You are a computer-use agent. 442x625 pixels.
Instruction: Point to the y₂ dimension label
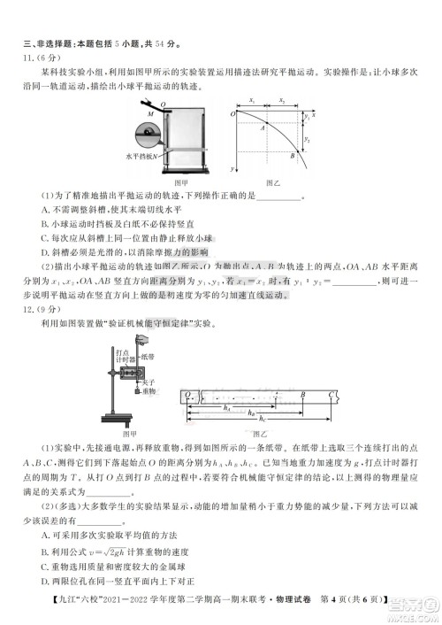pyautogui.click(x=308, y=140)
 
